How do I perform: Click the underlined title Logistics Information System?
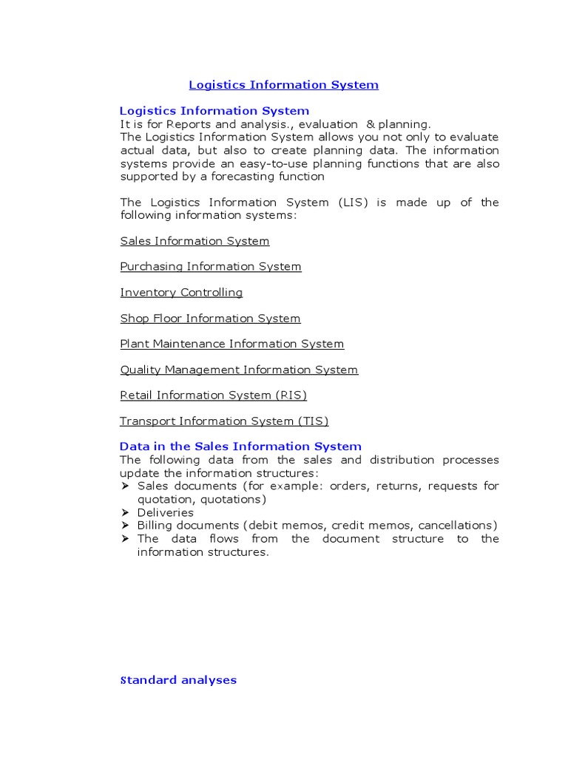tap(283, 85)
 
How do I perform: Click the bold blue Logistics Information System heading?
tap(214, 111)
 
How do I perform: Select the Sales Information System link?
tap(195, 241)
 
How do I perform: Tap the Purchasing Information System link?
tap(211, 266)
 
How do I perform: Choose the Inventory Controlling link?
tap(181, 292)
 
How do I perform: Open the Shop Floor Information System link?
tap(210, 318)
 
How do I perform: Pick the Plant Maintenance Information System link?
tap(231, 344)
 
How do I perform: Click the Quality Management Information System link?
tap(239, 370)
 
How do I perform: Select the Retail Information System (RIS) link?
tap(213, 396)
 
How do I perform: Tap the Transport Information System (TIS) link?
tap(224, 421)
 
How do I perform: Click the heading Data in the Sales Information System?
tap(240, 447)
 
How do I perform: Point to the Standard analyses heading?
tap(178, 680)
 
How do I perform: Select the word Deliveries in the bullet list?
tap(165, 512)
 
